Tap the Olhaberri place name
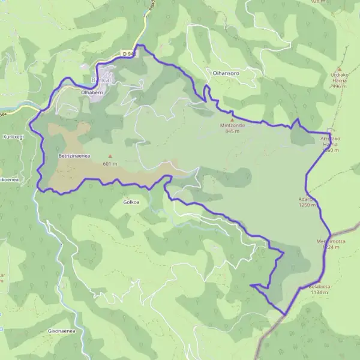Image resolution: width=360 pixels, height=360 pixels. click(x=92, y=92)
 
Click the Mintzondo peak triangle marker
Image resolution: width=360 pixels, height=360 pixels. click(x=232, y=119)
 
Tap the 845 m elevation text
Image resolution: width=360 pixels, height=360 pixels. click(x=232, y=132)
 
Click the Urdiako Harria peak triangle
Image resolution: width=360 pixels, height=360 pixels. click(x=340, y=68)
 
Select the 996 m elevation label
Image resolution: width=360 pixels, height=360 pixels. click(x=339, y=86)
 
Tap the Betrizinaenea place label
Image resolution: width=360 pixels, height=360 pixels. click(x=74, y=155)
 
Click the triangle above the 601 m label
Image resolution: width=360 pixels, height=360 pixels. click(x=110, y=157)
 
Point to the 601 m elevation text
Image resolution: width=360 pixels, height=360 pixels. click(x=110, y=163)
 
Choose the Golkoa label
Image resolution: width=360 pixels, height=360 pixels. click(x=131, y=202)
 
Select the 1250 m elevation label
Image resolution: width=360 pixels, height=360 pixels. click(x=307, y=205)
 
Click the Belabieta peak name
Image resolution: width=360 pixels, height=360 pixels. click(x=320, y=286)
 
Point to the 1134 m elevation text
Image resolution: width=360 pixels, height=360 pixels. click(x=320, y=292)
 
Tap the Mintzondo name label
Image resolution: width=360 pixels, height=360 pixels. click(x=232, y=126)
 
